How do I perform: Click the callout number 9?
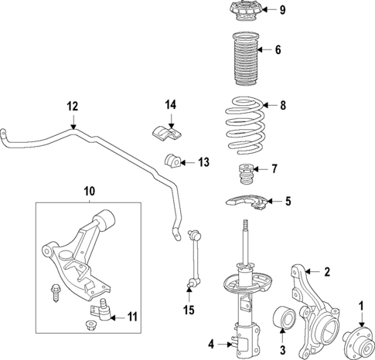point(283,10)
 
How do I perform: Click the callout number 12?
point(72,107)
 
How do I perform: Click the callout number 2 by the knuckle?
point(326,271)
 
